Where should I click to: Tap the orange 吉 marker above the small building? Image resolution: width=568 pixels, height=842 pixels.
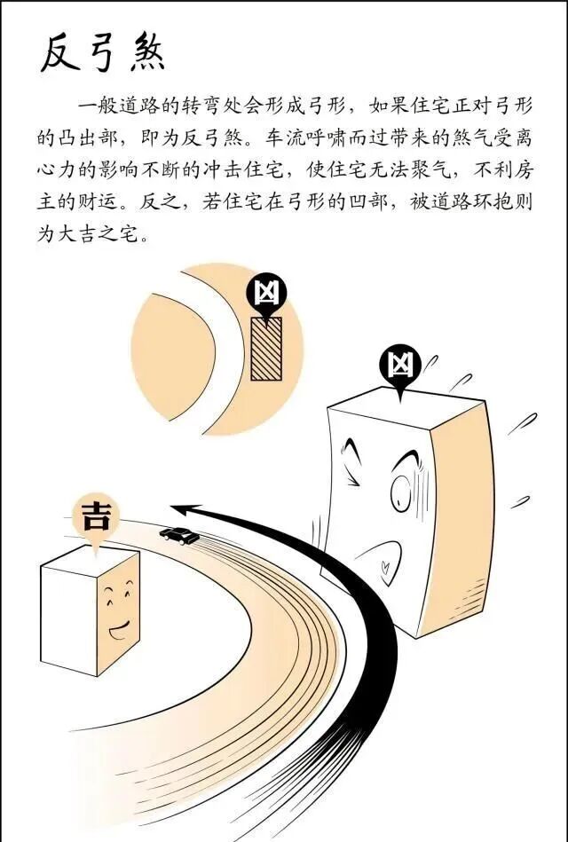[94, 517]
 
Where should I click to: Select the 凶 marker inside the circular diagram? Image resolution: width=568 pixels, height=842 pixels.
[264, 292]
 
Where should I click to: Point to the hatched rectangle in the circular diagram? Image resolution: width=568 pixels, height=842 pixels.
[265, 348]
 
